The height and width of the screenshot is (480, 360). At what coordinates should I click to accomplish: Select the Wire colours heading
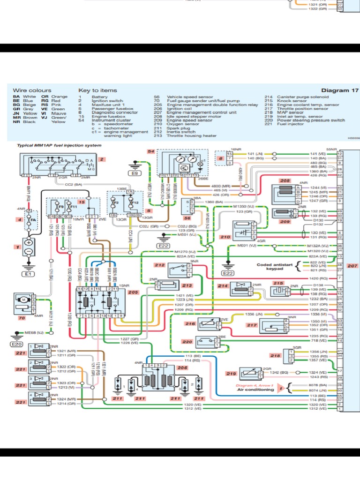pyautogui.click(x=32, y=90)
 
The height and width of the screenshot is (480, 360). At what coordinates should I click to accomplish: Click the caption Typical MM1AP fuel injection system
pyautogui.click(x=59, y=145)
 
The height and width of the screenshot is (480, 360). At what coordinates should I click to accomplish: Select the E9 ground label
pyautogui.click(x=136, y=173)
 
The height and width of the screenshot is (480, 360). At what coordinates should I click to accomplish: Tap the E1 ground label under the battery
pyautogui.click(x=28, y=274)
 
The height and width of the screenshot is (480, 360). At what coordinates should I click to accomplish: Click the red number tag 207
pyautogui.click(x=352, y=266)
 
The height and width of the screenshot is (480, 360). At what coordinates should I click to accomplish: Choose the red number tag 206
pyautogui.click(x=182, y=368)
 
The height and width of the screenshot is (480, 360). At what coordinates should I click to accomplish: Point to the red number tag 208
pyautogui.click(x=285, y=180)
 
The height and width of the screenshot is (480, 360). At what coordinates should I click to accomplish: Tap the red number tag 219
pyautogui.click(x=230, y=373)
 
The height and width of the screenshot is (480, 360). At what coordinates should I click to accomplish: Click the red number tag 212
pyautogui.click(x=160, y=265)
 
